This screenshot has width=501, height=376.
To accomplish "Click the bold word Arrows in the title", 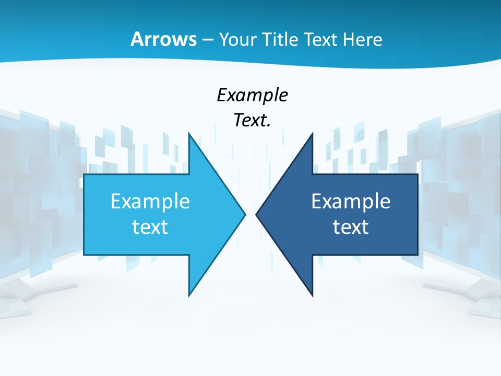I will [x=163, y=39].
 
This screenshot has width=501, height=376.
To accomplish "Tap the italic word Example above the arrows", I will [x=252, y=96].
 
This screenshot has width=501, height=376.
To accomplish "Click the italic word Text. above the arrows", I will [x=252, y=121].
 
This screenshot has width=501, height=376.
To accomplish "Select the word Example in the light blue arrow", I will [x=150, y=202].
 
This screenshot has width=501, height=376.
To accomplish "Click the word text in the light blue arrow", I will [x=150, y=227].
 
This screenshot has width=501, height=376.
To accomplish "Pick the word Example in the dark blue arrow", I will [x=351, y=202].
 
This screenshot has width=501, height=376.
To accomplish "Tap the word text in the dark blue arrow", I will [x=351, y=227].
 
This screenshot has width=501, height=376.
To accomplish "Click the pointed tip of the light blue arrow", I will [x=245, y=214].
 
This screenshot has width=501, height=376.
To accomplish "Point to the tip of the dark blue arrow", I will [x=256, y=214].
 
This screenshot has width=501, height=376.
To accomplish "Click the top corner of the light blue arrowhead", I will [x=189, y=133].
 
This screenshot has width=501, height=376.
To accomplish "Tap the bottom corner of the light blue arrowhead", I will [x=189, y=296].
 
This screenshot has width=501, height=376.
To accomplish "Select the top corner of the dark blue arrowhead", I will [x=313, y=133].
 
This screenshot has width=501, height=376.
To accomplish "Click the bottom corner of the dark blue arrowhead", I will [x=313, y=296].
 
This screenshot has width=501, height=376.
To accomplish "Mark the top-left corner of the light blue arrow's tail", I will [x=84, y=174].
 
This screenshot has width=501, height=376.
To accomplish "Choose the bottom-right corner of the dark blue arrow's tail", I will [x=417, y=255].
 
